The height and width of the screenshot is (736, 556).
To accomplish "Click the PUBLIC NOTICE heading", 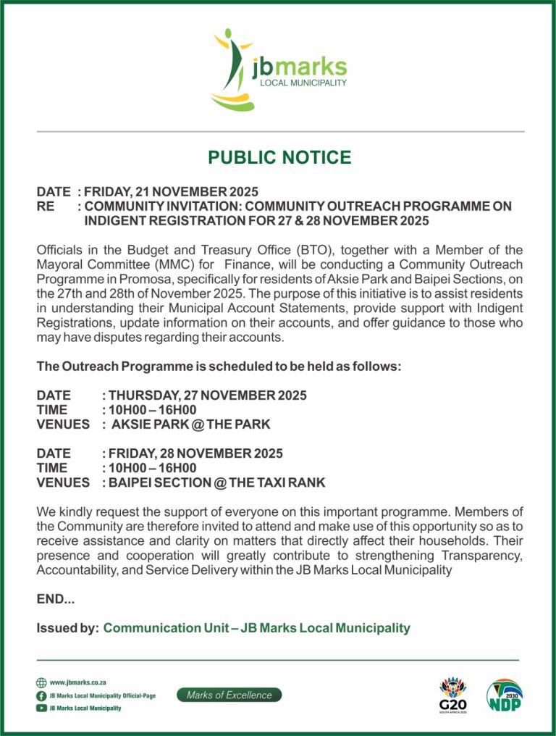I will tap(279, 157).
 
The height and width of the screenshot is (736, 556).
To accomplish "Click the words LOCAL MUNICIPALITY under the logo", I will tap(303, 83).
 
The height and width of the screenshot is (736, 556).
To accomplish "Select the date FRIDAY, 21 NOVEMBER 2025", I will tap(171, 192).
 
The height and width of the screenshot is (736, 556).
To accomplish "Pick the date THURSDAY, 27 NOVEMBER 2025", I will tap(207, 396).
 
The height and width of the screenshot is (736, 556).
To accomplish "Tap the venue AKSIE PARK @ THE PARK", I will tap(190, 425).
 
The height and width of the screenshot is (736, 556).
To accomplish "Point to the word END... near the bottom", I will tap(56, 599).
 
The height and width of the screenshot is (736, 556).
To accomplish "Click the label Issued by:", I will tap(67, 628).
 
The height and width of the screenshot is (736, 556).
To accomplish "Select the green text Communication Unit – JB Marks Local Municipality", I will tap(256, 628).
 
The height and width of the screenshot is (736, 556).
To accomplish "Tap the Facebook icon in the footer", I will tap(41, 695).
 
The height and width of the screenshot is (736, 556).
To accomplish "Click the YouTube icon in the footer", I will tap(41, 708).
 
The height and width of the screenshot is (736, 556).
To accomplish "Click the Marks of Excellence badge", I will tap(229, 695).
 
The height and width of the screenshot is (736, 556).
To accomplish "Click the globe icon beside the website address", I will tap(41, 682).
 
